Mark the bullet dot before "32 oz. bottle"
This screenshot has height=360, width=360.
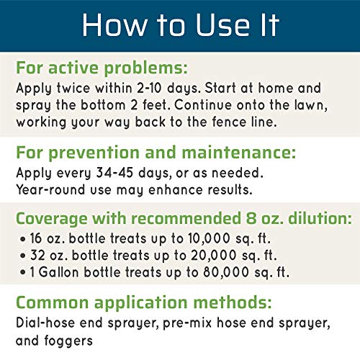(x=23, y=256)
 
